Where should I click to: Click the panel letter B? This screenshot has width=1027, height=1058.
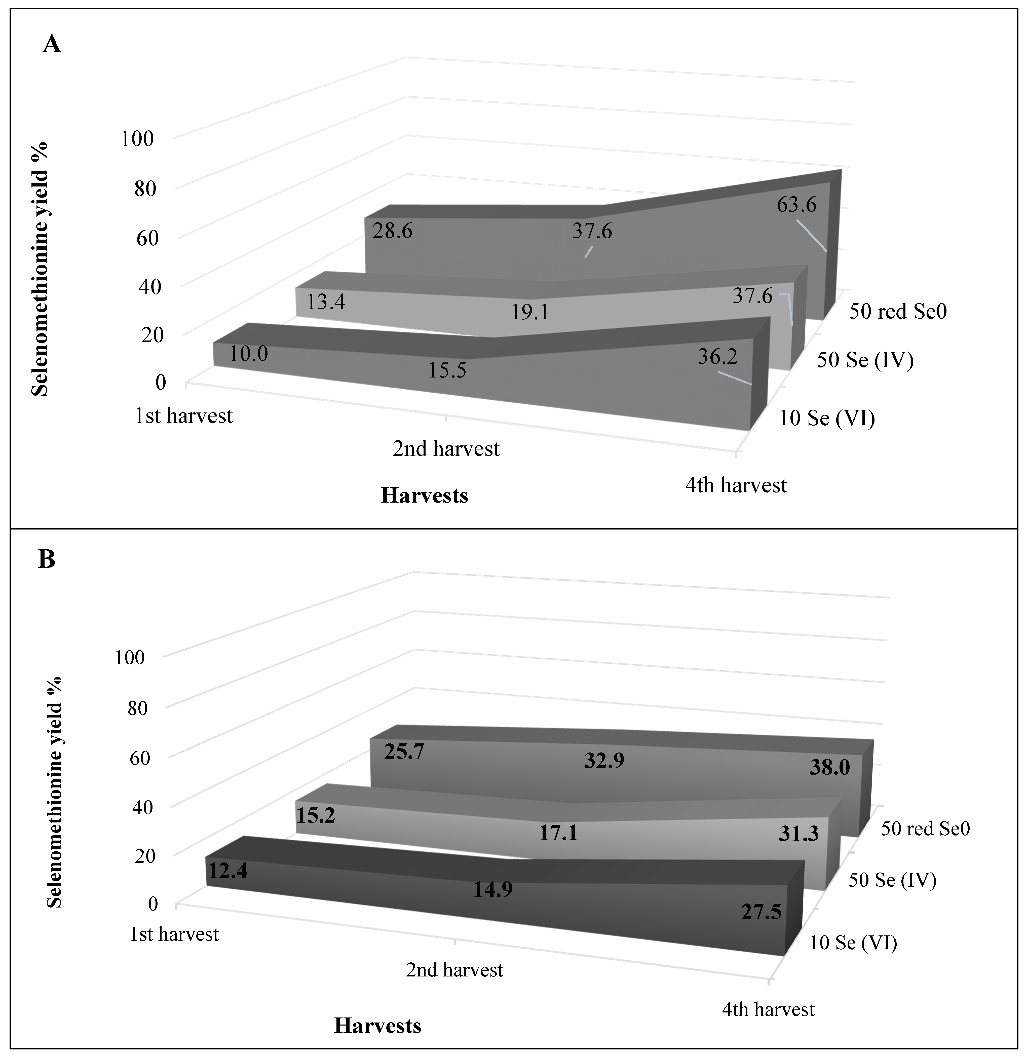(47, 560)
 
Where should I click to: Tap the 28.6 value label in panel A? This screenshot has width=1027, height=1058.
(392, 231)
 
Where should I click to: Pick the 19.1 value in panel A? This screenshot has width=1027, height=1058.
(530, 312)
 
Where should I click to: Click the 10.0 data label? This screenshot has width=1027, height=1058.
(248, 354)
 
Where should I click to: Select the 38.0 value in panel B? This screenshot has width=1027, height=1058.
(829, 768)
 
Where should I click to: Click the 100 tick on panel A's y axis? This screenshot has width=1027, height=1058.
(137, 139)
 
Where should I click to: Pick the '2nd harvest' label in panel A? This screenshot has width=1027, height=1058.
(446, 448)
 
